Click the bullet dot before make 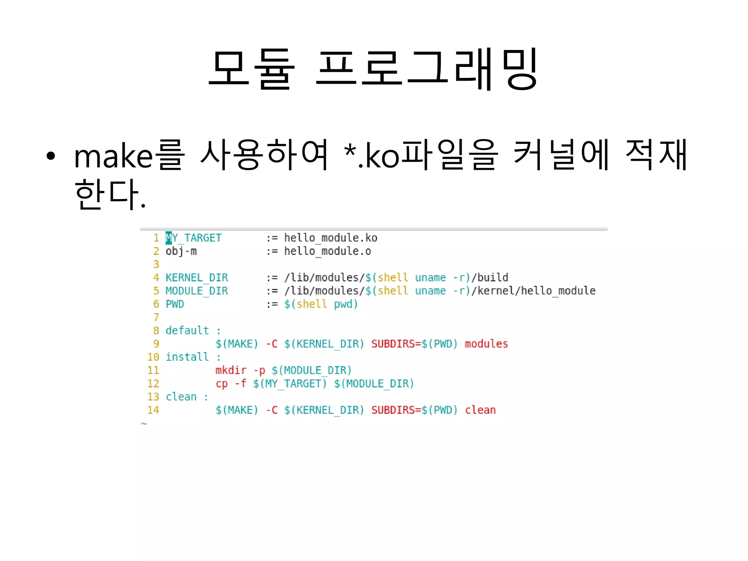51,156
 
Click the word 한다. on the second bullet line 110,194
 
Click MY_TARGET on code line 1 194,238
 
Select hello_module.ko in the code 331,238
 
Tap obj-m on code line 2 181,251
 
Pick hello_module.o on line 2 327,251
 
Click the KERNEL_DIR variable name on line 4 197,278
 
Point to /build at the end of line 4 490,278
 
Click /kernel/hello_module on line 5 534,291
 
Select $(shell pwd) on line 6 321,304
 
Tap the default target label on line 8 187,331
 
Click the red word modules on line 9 486,344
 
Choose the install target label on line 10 187,357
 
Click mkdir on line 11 231,370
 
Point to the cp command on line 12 222,383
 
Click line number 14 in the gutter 153,410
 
